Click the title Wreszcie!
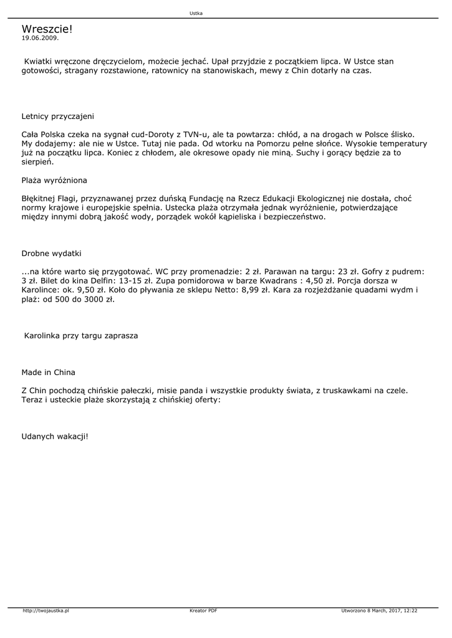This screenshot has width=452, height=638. (47, 29)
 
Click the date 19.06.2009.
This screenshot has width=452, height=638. (40, 38)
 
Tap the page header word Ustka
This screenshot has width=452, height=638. (196, 13)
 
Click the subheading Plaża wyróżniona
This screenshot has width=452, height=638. (54, 180)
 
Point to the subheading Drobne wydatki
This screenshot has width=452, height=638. (51, 254)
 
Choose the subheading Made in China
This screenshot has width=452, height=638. (48, 373)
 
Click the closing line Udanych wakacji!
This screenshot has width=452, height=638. (55, 436)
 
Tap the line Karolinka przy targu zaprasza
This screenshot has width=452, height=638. (81, 336)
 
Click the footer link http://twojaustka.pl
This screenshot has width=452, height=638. (46, 611)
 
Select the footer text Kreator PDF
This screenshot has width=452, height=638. (203, 611)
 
